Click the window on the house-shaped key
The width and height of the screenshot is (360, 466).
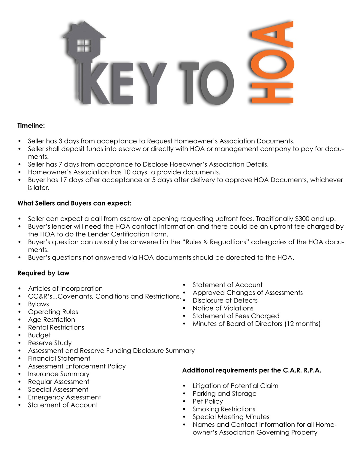tap(84, 46)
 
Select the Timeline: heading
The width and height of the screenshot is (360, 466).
tap(31, 126)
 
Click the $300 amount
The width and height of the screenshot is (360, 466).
tap(303, 219)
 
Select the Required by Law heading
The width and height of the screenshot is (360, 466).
tap(43, 273)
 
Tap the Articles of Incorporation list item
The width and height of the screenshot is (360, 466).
tap(65, 289)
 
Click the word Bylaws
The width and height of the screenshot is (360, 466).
tap(38, 304)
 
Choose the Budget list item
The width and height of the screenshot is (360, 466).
tap(39, 335)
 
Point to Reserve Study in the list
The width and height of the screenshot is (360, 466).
tap(50, 343)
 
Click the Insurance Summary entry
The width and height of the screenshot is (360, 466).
tap(58, 374)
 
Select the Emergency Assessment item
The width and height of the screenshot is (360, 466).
tap(64, 397)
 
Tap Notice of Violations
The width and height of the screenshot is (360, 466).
tap(223, 308)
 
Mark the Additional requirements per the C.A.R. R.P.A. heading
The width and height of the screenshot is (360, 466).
tap(251, 370)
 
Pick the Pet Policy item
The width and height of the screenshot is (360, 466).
tap(208, 401)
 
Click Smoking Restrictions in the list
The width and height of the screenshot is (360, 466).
tap(224, 409)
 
